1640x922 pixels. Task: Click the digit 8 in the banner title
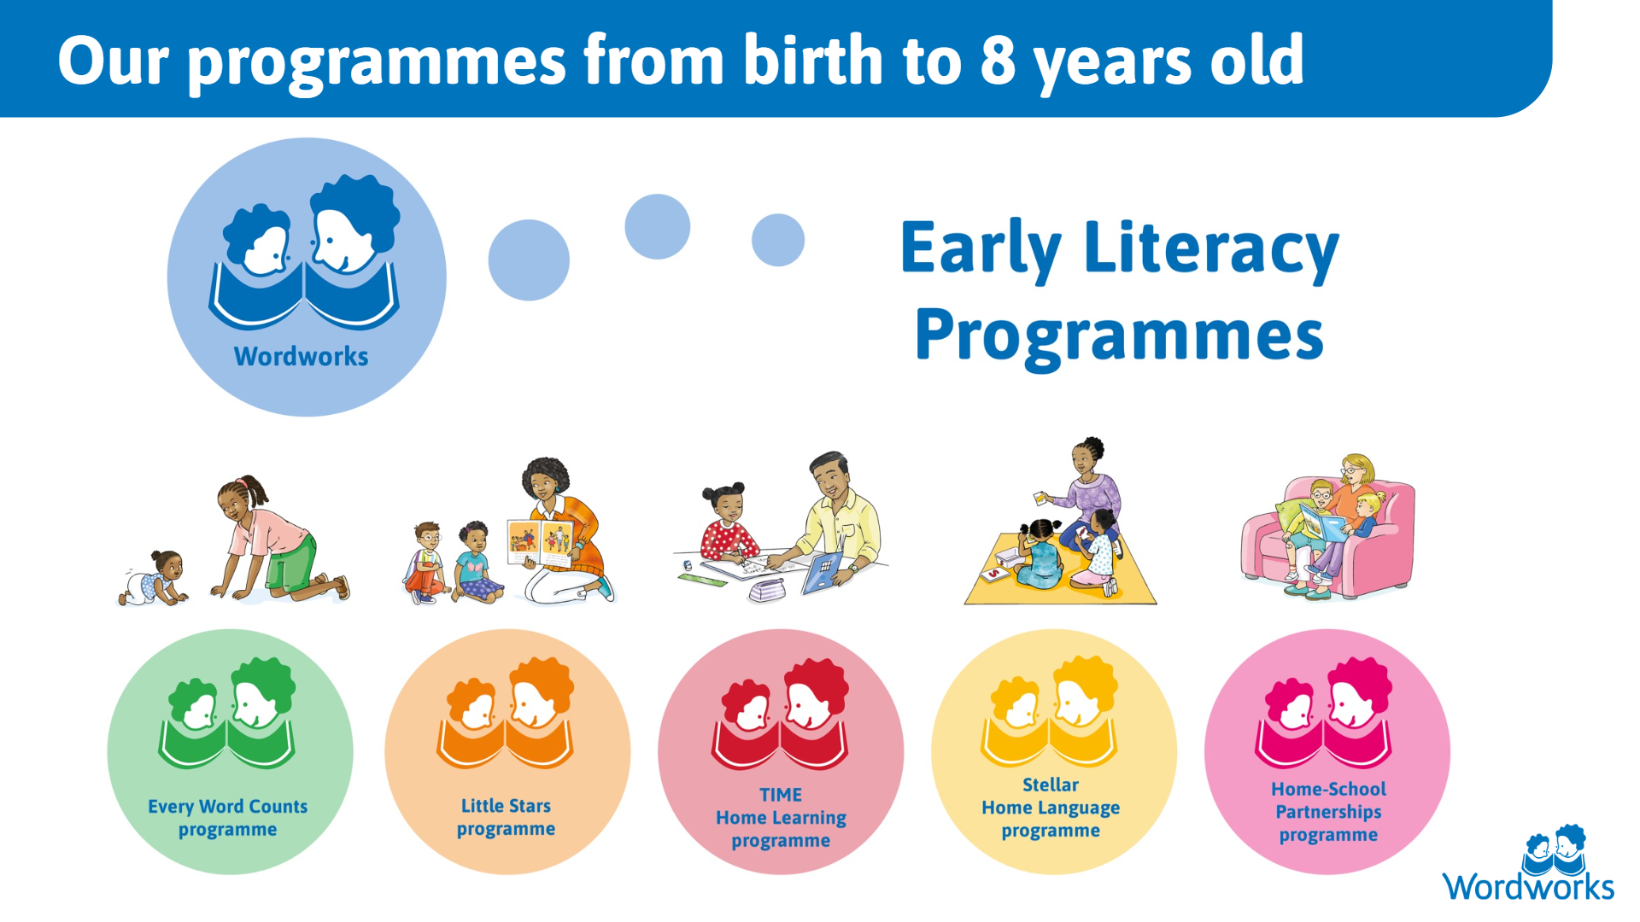[998, 61]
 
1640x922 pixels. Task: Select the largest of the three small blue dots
[529, 260]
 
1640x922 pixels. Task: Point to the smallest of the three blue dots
[778, 240]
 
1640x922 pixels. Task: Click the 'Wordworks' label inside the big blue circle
[301, 356]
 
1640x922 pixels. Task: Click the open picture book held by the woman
[541, 544]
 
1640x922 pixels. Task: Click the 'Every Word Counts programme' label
[228, 818]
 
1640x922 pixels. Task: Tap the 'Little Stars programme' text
[506, 817]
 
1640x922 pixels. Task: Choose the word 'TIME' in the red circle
[781, 795]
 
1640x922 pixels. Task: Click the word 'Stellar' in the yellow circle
[1051, 785]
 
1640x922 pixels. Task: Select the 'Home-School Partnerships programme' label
[1328, 812]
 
